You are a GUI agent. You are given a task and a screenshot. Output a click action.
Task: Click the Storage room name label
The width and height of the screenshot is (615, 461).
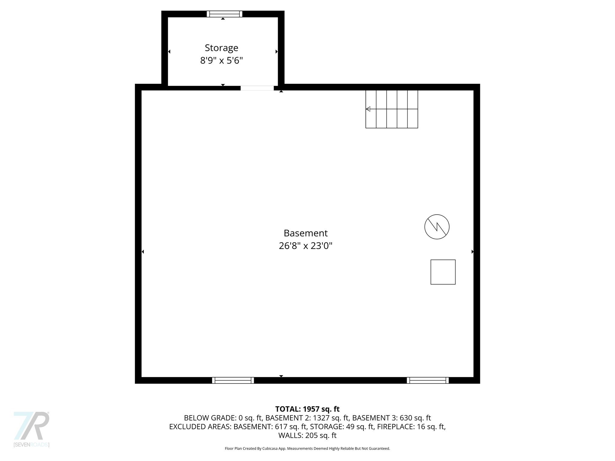coord(221,48)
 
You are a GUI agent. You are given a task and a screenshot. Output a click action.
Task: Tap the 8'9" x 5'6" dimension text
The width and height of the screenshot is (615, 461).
coord(221,61)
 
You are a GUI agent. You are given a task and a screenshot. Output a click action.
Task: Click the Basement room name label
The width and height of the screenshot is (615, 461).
coord(305,233)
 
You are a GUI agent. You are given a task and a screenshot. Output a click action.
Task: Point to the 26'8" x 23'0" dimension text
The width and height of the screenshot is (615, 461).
coord(305,246)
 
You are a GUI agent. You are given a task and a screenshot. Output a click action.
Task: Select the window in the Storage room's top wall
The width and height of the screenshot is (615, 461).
coord(224,14)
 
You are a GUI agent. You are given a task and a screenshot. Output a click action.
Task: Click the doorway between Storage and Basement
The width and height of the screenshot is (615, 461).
coord(257,88)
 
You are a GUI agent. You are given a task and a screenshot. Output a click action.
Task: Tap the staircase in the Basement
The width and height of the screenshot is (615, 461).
coord(392,109)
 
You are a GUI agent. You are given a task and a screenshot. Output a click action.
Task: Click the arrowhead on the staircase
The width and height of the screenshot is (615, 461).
coord(368,109)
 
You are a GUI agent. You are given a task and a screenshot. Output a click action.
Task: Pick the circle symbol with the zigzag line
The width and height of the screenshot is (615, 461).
coord(437,227)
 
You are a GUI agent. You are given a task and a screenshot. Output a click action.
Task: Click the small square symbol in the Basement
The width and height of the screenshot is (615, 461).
coord(443,272)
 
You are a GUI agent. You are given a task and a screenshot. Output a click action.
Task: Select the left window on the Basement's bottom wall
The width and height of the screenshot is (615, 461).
coord(233,380)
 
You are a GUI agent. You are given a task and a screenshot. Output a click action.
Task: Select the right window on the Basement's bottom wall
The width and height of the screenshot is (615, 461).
coord(428,380)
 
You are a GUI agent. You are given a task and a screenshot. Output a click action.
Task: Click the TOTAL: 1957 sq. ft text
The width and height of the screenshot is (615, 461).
coord(307,409)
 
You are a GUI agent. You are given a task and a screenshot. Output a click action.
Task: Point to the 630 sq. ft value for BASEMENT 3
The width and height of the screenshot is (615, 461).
coord(415,418)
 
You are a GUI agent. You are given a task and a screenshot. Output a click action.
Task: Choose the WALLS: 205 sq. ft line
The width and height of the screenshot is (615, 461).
coord(307,435)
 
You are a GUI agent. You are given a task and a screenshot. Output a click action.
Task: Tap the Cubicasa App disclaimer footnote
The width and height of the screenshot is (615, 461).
coord(307,448)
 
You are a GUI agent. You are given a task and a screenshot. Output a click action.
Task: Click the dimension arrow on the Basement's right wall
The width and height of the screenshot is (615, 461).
coord(472,252)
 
